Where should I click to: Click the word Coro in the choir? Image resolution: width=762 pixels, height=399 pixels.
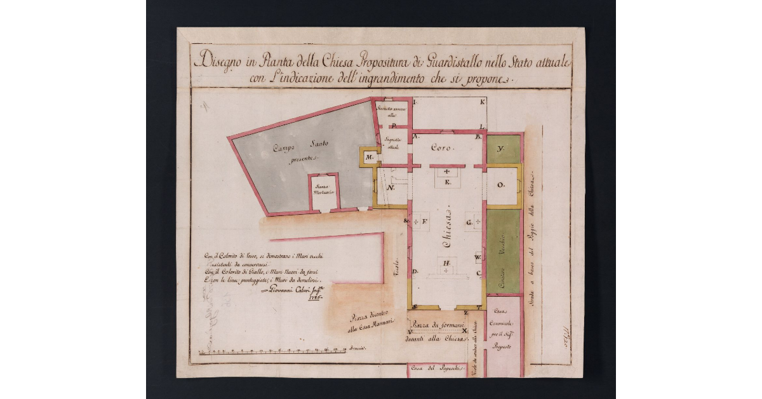point(441,148)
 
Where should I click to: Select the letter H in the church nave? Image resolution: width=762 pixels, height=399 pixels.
point(447,263)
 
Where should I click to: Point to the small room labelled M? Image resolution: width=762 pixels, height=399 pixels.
point(368,157)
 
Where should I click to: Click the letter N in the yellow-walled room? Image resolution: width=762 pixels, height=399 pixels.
point(392,189)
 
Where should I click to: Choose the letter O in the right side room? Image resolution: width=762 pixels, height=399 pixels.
point(500,185)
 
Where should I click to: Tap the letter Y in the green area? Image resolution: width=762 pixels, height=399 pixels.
point(500,149)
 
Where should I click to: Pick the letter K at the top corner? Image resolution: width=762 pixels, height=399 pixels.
point(483,102)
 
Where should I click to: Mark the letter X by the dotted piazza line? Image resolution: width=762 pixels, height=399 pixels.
point(465,331)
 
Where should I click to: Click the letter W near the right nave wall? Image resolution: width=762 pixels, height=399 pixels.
point(478,257)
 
